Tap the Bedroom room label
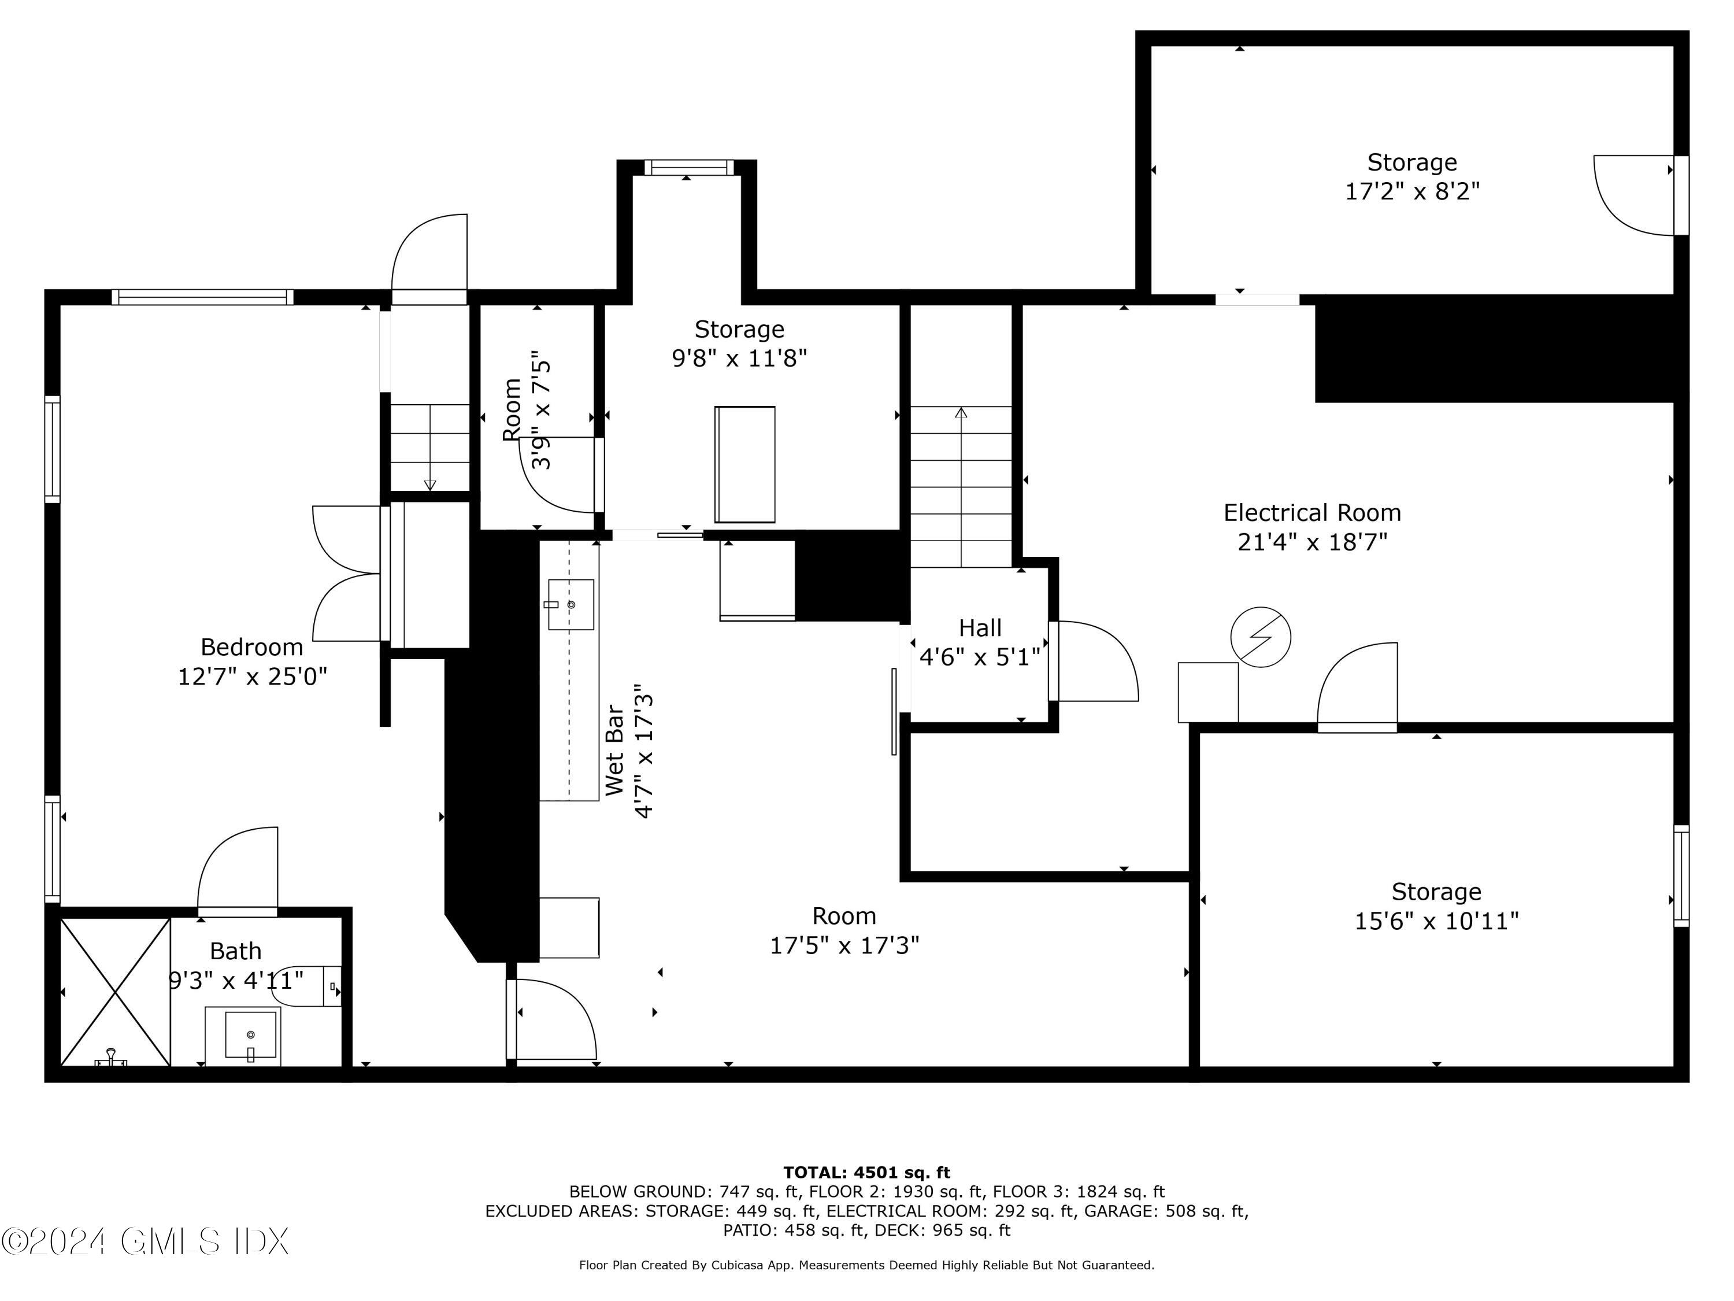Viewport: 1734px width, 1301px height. (x=251, y=647)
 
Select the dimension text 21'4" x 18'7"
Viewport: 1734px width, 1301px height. (x=1312, y=542)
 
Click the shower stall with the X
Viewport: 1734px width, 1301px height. (x=115, y=992)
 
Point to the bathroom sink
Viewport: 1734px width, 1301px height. (x=250, y=1035)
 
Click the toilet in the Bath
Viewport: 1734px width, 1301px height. (x=306, y=986)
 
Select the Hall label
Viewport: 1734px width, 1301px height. (x=980, y=628)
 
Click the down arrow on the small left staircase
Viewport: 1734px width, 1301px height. (x=429, y=485)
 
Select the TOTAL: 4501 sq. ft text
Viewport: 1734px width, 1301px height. (x=866, y=1173)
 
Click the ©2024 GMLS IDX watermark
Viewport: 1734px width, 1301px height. (x=145, y=1241)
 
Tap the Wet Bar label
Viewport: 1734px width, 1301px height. (x=616, y=751)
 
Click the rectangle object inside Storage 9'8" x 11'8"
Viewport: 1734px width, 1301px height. (x=744, y=464)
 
